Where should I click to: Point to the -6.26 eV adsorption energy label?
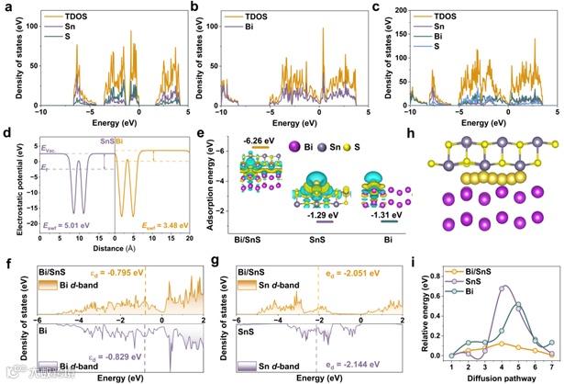pos(254,141)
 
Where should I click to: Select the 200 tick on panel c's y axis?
pos(396,9)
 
